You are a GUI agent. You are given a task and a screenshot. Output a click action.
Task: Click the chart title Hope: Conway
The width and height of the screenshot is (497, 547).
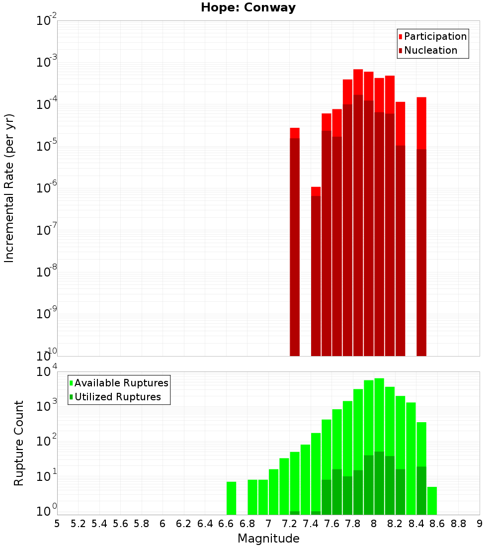[248, 8]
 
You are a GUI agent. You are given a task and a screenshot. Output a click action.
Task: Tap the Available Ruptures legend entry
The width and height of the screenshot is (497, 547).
[121, 383]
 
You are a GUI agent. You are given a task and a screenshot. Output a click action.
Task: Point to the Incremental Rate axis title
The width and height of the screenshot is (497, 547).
[9, 188]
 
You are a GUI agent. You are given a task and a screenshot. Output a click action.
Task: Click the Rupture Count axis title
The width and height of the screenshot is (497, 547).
[19, 443]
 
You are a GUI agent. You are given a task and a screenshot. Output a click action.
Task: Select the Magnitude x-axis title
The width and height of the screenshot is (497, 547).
[268, 539]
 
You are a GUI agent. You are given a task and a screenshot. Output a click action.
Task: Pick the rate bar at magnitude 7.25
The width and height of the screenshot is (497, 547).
[295, 239]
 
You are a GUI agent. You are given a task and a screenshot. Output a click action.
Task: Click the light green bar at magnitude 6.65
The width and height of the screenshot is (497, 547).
[231, 498]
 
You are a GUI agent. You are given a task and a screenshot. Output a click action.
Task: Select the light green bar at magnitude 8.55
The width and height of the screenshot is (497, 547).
[432, 500]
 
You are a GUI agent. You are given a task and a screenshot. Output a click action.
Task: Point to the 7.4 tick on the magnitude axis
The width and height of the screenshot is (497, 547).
[311, 524]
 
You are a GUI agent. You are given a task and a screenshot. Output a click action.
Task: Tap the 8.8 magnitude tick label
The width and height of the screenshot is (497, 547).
[458, 524]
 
